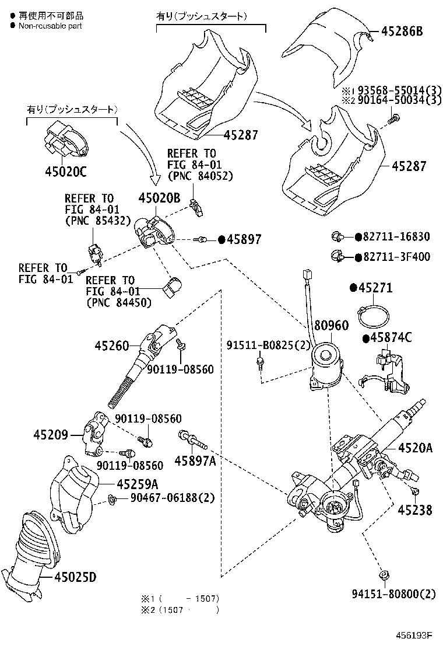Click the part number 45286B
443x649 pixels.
click(x=402, y=32)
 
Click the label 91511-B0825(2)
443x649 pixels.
click(x=269, y=345)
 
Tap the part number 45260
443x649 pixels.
click(x=111, y=346)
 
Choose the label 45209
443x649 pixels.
click(x=51, y=435)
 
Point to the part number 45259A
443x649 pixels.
click(x=138, y=483)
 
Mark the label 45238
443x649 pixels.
click(x=415, y=510)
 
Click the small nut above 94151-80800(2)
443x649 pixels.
click(x=383, y=575)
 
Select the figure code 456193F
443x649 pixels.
click(x=416, y=634)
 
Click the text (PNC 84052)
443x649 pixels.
click(x=199, y=176)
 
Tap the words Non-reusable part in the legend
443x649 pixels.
click(x=50, y=26)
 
